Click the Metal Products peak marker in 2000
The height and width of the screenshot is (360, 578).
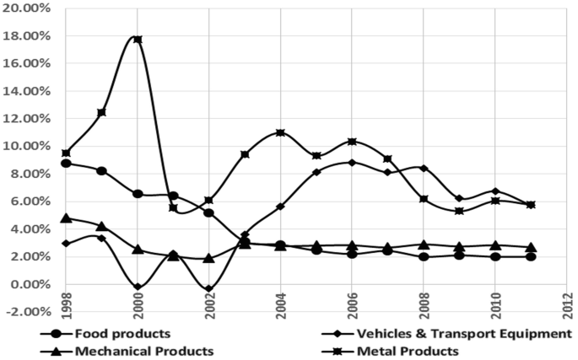(x=138, y=40)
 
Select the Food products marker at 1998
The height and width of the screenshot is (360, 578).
(x=66, y=163)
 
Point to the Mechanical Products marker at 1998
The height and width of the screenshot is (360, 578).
(x=66, y=218)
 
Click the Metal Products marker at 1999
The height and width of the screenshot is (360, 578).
(x=102, y=112)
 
